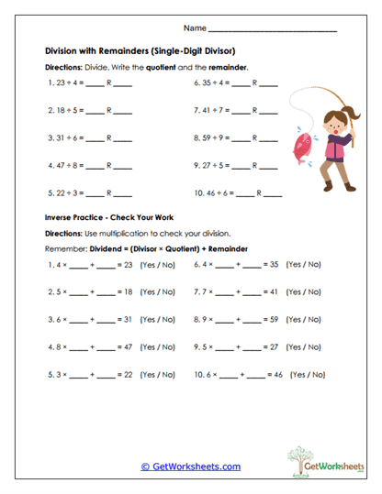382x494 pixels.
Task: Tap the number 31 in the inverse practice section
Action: pos(129,320)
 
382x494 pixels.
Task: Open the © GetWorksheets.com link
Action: pos(191,467)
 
